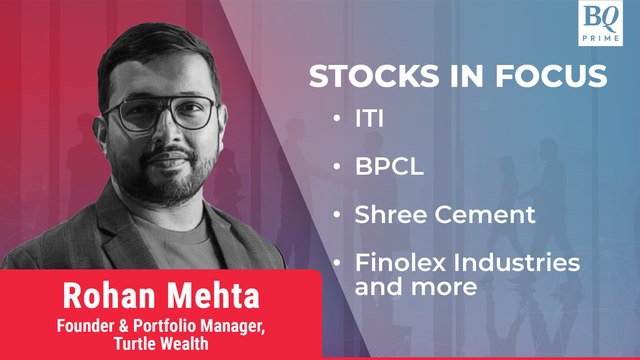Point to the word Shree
point(388,215)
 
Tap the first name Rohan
point(102,298)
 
